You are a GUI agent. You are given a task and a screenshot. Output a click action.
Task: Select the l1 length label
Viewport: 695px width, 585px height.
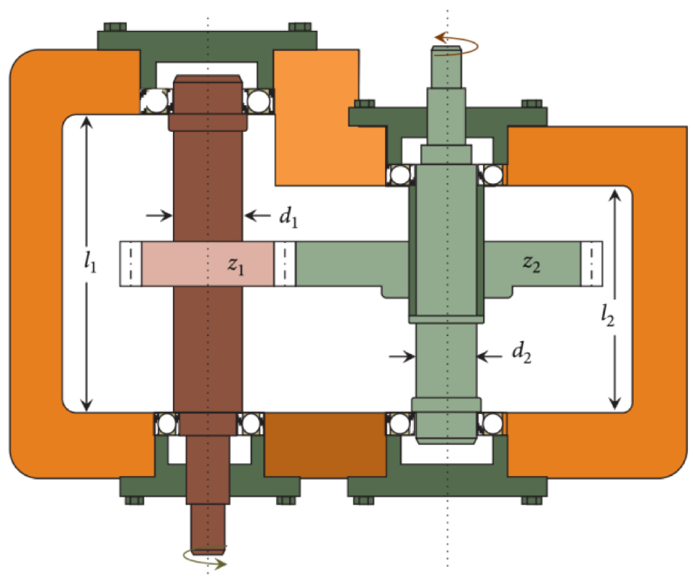(89, 262)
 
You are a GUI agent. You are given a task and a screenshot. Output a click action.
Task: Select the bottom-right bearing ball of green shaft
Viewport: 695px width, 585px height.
(492, 424)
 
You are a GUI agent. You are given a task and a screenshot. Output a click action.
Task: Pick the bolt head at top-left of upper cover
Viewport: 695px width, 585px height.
(115, 27)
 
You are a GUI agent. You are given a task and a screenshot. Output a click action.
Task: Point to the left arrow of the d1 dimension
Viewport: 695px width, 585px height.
(160, 215)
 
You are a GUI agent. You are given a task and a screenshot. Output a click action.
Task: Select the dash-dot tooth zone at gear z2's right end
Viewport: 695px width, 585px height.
(591, 264)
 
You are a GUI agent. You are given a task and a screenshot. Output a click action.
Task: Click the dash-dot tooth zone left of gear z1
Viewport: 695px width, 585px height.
(130, 264)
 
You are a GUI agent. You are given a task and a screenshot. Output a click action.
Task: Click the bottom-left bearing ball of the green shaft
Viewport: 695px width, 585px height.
(400, 424)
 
